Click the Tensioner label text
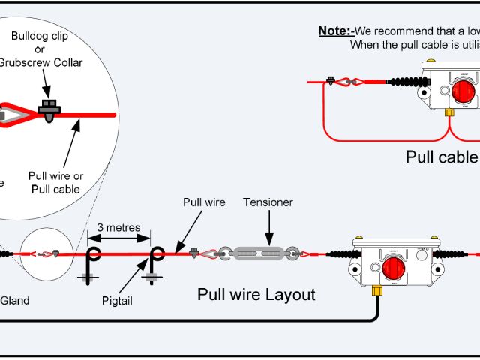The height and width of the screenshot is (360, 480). (268, 202)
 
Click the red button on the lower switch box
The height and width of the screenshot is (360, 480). (391, 267)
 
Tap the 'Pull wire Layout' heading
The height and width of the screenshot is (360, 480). (256, 294)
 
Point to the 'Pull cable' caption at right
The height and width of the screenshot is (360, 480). (442, 157)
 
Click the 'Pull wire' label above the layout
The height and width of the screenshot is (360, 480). (204, 202)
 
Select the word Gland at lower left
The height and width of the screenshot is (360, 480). (15, 301)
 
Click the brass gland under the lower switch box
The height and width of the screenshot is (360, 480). (378, 287)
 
